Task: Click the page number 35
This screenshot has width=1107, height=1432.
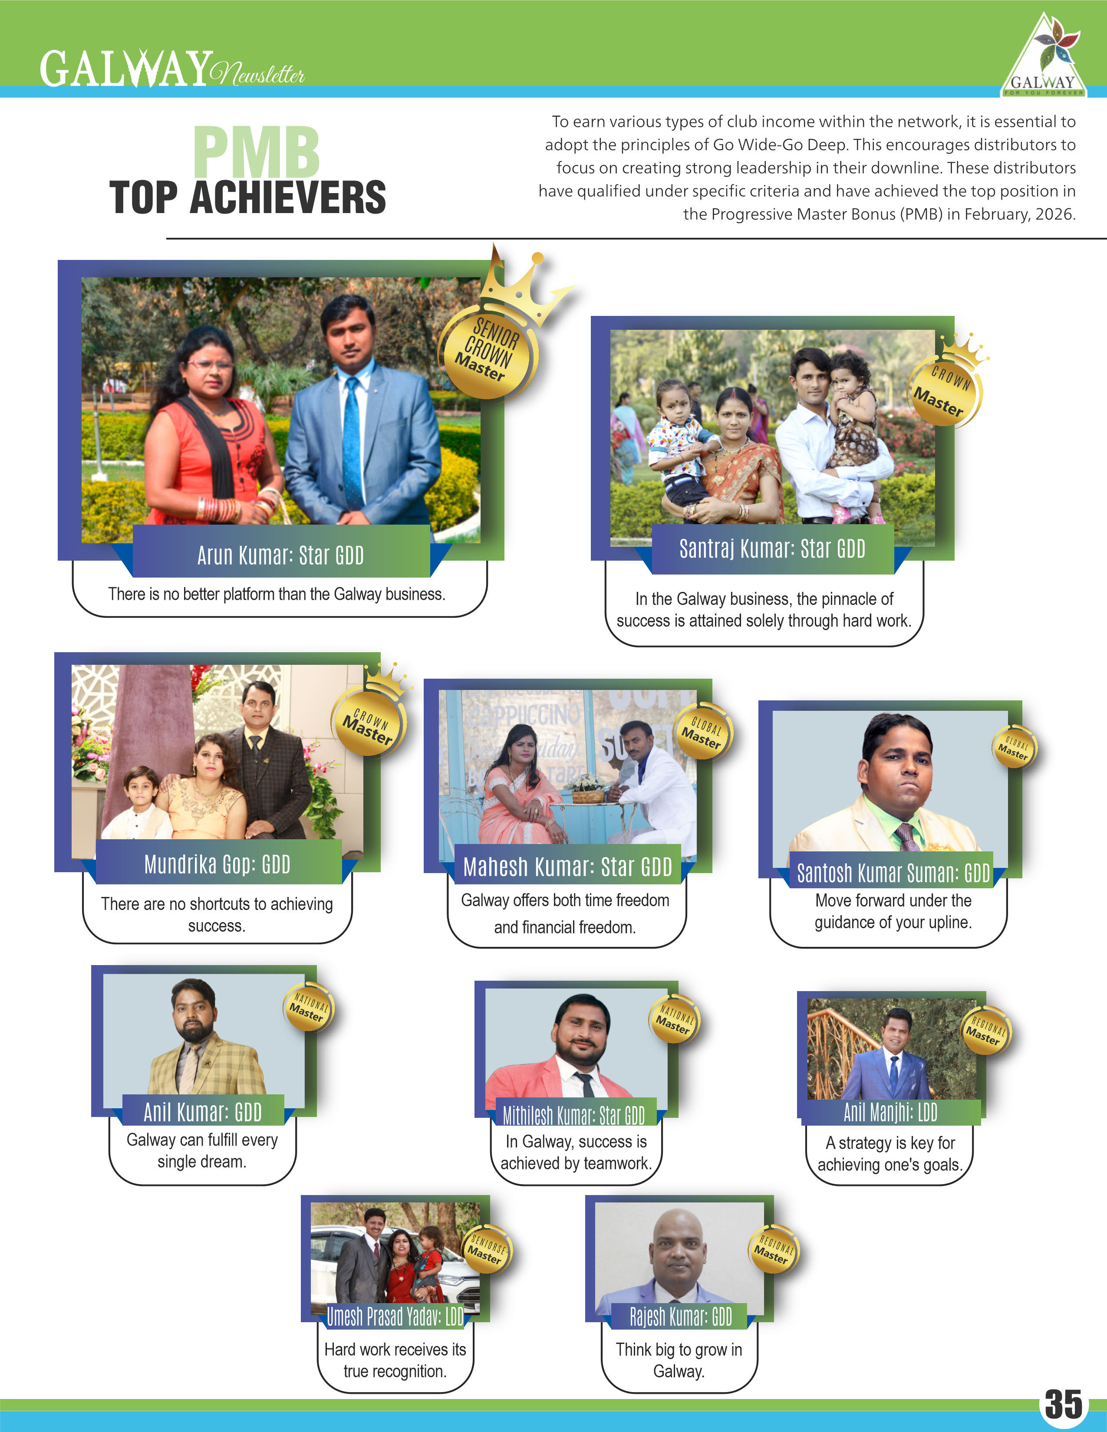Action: click(x=1063, y=1403)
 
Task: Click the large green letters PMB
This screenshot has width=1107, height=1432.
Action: click(x=257, y=152)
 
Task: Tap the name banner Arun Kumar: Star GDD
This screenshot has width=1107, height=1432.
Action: click(x=281, y=555)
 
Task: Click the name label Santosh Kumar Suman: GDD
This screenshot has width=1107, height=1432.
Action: click(x=893, y=873)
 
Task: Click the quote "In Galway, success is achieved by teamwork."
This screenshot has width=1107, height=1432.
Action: click(x=576, y=1152)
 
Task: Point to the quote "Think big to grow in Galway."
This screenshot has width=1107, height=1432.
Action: click(x=679, y=1360)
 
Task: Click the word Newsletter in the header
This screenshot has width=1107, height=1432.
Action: click(x=258, y=74)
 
